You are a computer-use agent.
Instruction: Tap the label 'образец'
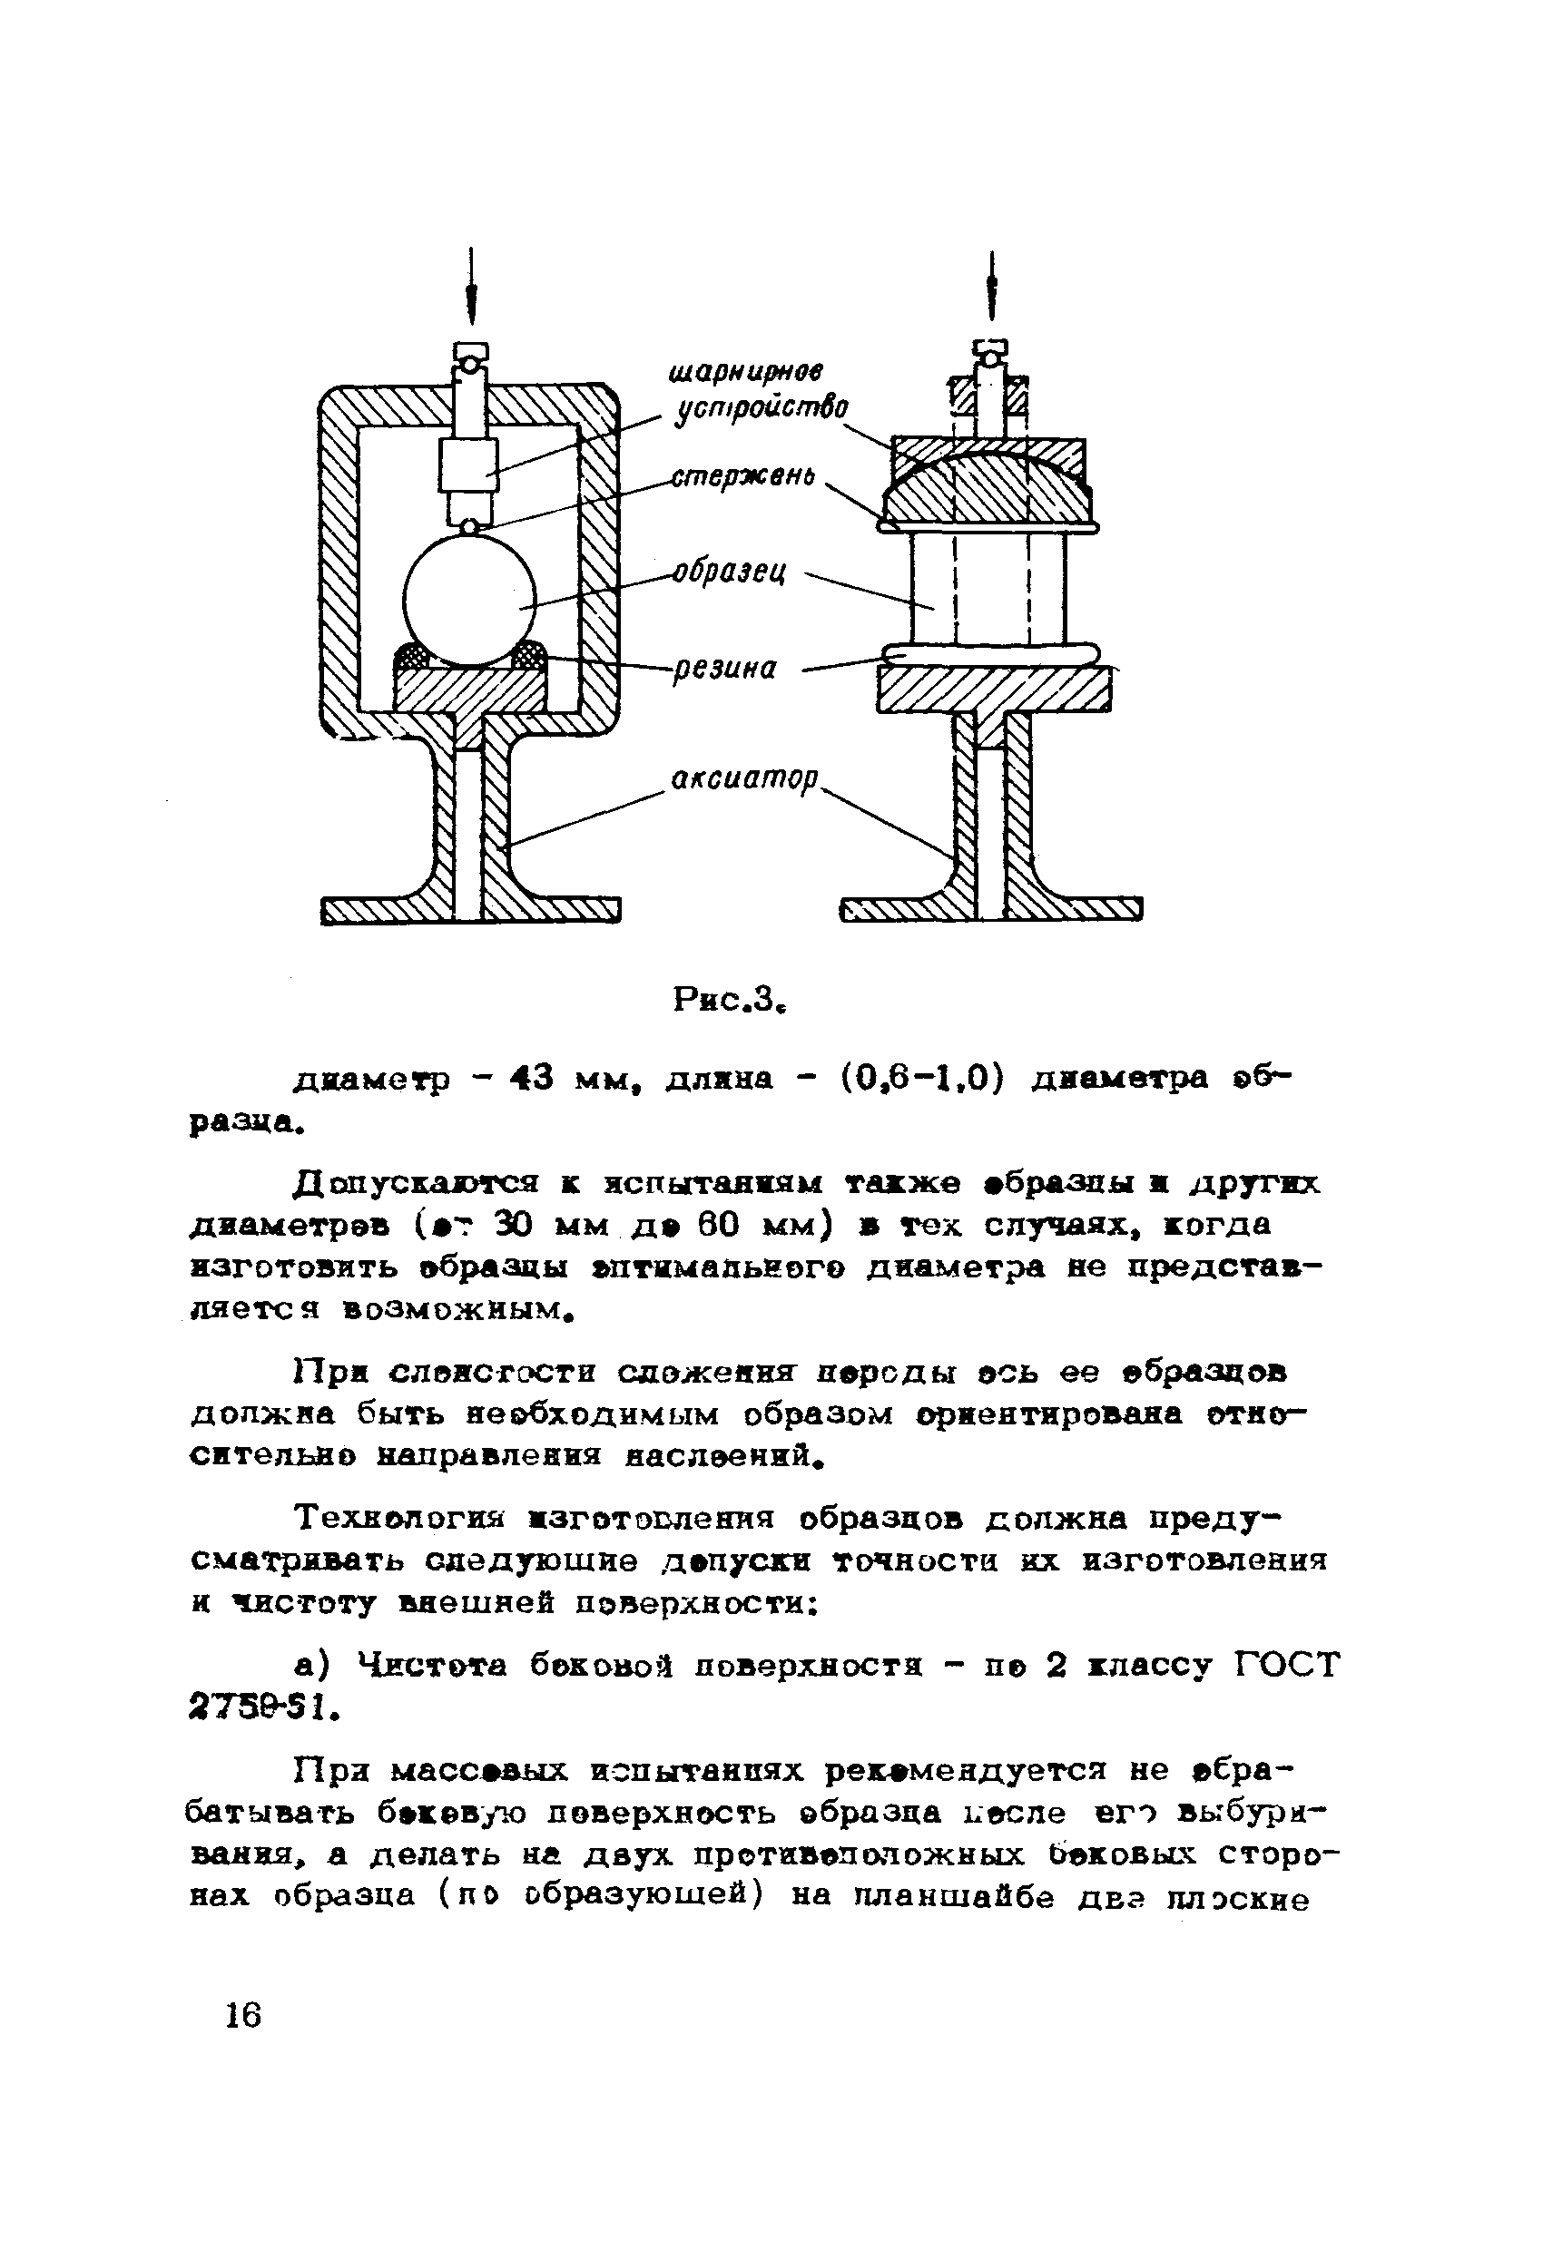click(x=731, y=572)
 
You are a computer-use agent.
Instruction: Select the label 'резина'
click(x=726, y=668)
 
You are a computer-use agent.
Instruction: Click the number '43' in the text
click(x=530, y=1078)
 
